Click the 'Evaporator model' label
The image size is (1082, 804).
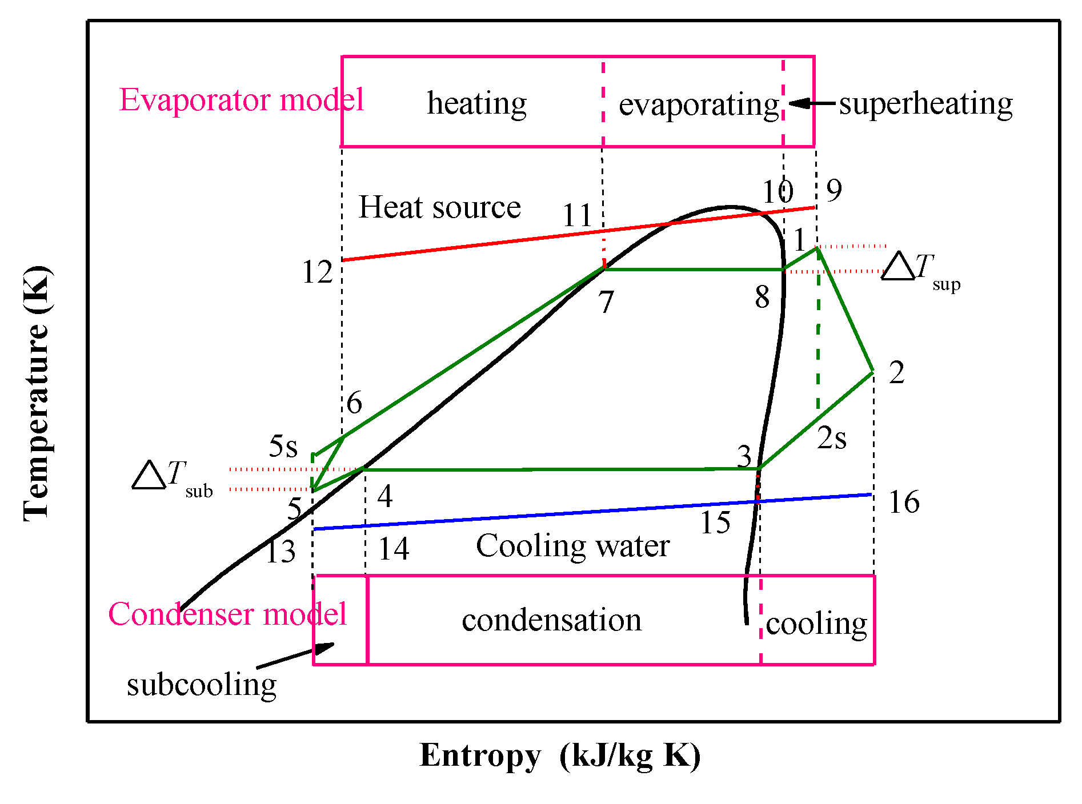(241, 100)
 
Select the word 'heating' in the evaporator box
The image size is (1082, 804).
(477, 103)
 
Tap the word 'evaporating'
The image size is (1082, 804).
(699, 104)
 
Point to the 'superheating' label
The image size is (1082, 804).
(925, 103)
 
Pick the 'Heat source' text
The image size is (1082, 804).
(439, 207)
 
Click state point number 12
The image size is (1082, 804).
(317, 272)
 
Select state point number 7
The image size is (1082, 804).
(606, 301)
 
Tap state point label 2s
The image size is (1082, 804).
(832, 439)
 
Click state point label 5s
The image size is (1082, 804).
(283, 446)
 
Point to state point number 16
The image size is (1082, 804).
(904, 502)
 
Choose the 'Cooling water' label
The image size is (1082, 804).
(572, 546)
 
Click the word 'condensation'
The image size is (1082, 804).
(551, 620)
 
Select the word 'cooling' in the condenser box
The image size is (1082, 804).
(816, 624)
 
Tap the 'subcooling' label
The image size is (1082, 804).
(202, 684)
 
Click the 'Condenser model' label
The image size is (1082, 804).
(227, 614)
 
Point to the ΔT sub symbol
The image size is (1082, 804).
(171, 477)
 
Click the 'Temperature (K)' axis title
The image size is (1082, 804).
(37, 393)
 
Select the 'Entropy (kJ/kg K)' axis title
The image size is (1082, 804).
(560, 755)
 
